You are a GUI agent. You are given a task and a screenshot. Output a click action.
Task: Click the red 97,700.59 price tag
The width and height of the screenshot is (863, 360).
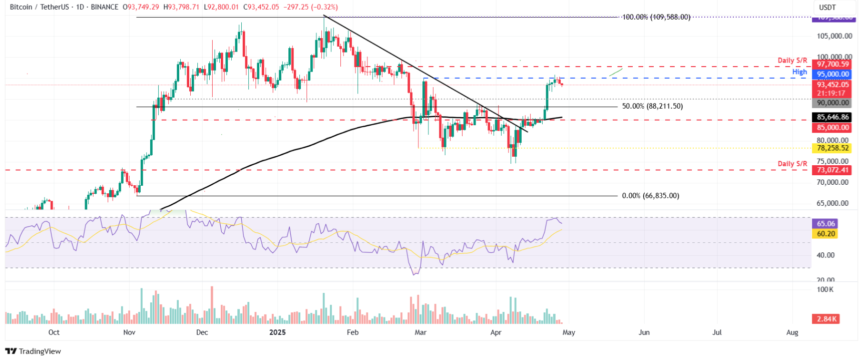point(833,64)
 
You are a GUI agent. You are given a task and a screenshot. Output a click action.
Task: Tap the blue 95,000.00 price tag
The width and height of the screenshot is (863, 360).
point(833,74)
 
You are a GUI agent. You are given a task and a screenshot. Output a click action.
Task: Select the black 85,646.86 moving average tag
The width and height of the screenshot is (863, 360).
point(833,117)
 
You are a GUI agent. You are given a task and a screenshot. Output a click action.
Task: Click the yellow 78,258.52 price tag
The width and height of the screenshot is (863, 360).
point(833,148)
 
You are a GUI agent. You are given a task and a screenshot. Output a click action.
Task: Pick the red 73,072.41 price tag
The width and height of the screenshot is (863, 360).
point(833,170)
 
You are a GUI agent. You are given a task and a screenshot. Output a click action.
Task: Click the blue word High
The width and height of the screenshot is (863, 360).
point(799,72)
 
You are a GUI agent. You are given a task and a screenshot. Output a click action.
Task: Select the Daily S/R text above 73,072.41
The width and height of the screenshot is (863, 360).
point(792,164)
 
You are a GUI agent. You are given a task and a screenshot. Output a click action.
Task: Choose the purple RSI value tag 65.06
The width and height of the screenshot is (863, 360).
point(826,224)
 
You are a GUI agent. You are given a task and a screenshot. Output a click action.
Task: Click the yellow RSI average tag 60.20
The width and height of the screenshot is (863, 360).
point(826,234)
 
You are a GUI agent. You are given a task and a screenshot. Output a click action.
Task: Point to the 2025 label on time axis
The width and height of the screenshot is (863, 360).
point(277,332)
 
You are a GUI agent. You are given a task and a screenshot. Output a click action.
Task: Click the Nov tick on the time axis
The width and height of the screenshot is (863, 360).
point(129,332)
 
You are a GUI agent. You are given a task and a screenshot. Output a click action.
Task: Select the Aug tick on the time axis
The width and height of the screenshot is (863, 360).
point(792,332)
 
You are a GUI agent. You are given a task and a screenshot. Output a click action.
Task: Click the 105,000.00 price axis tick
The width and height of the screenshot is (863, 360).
point(834,36)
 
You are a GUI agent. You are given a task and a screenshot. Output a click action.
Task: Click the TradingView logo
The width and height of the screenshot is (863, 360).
point(33,351)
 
